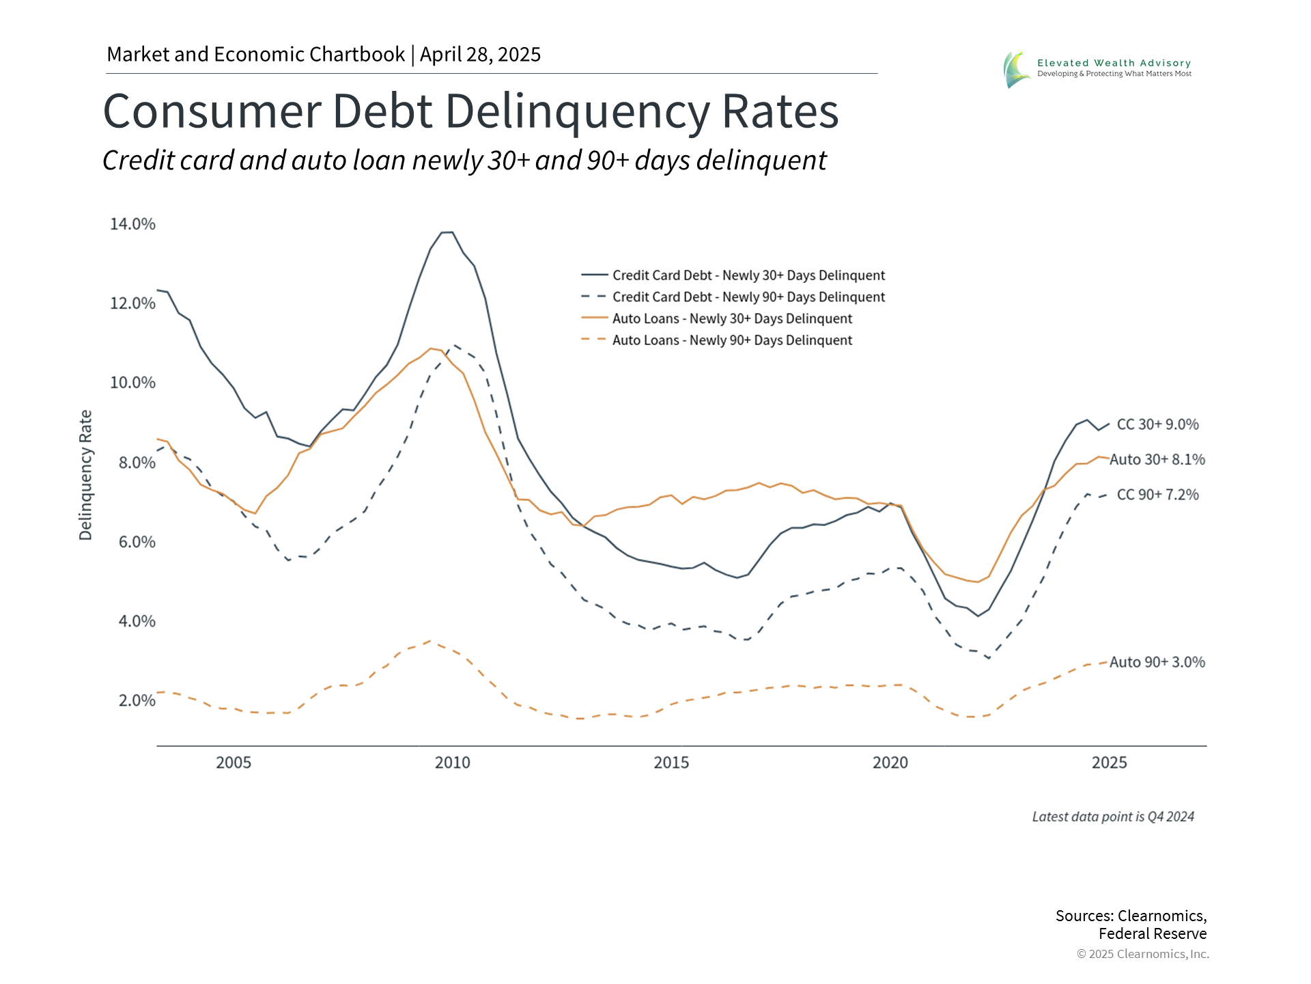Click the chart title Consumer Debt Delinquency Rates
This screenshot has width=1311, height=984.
point(470,111)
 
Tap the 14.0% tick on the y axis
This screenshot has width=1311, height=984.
point(132,224)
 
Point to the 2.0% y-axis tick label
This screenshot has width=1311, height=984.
point(137,700)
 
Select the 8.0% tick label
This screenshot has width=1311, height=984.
point(137,463)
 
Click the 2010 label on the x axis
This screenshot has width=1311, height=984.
point(452,763)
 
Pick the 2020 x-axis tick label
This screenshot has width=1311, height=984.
point(890,763)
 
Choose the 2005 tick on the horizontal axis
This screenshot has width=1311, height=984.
point(234,763)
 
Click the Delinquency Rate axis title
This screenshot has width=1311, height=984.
point(85,475)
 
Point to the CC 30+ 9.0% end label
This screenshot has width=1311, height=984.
point(1157,424)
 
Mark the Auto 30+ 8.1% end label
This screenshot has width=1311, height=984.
point(1157,460)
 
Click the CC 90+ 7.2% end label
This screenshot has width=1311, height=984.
point(1157,495)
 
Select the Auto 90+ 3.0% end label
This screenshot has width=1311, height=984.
point(1157,662)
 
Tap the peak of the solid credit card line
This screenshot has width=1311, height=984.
point(447,232)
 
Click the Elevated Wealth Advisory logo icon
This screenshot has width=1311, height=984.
point(1016,69)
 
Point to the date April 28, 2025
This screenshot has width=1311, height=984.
point(480,55)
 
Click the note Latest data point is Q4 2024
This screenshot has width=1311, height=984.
point(1112,817)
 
